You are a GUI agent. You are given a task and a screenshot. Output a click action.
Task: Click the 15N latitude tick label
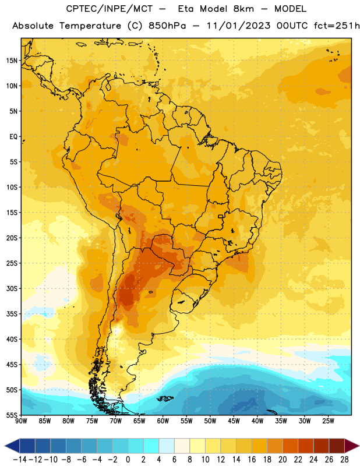pyautogui.click(x=12, y=61)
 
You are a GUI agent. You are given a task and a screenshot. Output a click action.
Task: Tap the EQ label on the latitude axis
pyautogui.click(x=13, y=137)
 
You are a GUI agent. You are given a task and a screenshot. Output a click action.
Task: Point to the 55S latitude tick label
pyautogui.click(x=12, y=415)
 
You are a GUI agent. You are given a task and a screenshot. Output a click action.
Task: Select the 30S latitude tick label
pyautogui.click(x=12, y=288)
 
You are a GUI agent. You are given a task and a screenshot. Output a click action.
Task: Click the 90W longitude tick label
pyautogui.click(x=21, y=421)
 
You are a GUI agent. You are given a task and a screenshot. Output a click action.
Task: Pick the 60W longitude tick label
pyautogui.click(x=163, y=421)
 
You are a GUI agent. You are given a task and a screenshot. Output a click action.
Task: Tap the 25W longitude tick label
pyautogui.click(x=328, y=421)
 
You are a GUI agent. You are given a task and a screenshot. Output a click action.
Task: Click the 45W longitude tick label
pyautogui.click(x=234, y=421)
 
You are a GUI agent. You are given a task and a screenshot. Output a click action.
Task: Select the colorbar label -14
pyautogui.click(x=20, y=460)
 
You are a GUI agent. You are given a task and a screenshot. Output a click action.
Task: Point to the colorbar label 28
pyautogui.click(x=344, y=460)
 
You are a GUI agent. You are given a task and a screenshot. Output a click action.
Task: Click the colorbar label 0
pyautogui.click(x=128, y=460)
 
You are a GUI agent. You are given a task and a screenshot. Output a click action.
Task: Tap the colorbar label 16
pyautogui.click(x=252, y=460)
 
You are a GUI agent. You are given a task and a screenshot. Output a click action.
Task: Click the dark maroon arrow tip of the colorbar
pyautogui.click(x=352, y=446)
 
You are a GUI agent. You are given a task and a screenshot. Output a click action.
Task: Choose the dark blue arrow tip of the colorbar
pyautogui.click(x=12, y=446)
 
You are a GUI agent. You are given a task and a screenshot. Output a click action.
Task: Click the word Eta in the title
pyautogui.click(x=186, y=9)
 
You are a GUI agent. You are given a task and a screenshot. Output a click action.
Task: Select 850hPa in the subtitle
pyautogui.click(x=167, y=26)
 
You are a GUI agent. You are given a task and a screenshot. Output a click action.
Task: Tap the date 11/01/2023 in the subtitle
pyautogui.click(x=238, y=26)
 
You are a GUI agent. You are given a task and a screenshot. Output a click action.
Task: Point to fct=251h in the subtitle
pyautogui.click(x=337, y=26)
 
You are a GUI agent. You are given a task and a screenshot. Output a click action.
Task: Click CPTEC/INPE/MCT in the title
pyautogui.click(x=110, y=9)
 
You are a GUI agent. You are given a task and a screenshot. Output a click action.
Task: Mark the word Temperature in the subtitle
pyautogui.click(x=90, y=26)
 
